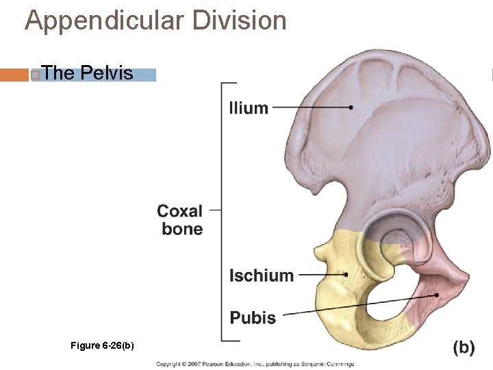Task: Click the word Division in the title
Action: click(240, 21)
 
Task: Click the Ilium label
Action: click(249, 108)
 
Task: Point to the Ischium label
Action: click(261, 275)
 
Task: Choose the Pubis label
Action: click(253, 317)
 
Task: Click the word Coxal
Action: click(180, 211)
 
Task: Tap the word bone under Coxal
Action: click(182, 229)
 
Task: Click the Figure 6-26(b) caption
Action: click(103, 345)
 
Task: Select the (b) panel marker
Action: click(464, 347)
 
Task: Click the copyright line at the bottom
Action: click(255, 364)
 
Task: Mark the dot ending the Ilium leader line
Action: click(351, 108)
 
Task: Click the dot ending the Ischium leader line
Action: click(346, 275)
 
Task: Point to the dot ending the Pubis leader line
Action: click(436, 295)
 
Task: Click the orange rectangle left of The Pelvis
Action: click(14, 74)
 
